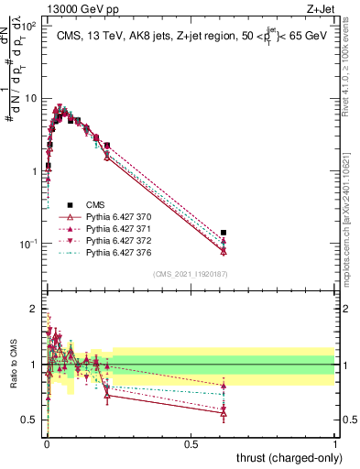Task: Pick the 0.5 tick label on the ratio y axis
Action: click(31, 420)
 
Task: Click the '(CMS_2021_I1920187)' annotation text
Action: click(190, 274)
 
